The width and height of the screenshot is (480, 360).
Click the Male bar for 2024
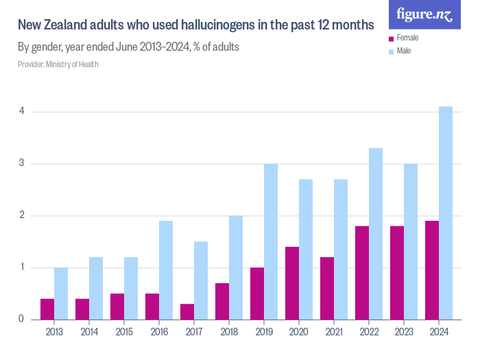pyautogui.click(x=446, y=213)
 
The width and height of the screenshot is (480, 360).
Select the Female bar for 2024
pyautogui.click(x=432, y=270)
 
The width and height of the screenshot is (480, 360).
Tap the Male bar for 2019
pyautogui.click(x=271, y=241)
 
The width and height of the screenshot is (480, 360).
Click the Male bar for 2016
pyautogui.click(x=166, y=270)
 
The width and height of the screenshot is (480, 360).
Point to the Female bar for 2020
pyautogui.click(x=292, y=283)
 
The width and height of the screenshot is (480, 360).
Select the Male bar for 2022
pyautogui.click(x=376, y=234)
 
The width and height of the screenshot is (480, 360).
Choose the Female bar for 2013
pyautogui.click(x=47, y=309)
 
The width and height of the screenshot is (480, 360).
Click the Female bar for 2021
pyautogui.click(x=327, y=288)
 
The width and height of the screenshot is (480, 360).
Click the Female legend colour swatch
pyautogui.click(x=391, y=39)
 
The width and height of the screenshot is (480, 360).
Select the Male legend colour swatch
pyautogui.click(x=391, y=51)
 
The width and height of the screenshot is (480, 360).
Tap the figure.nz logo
pyautogui.click(x=425, y=14)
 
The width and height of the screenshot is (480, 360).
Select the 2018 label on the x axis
pyautogui.click(x=229, y=332)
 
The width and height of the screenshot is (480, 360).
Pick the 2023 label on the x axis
pyautogui.click(x=404, y=332)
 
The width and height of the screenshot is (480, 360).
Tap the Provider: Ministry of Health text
pyautogui.click(x=58, y=64)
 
